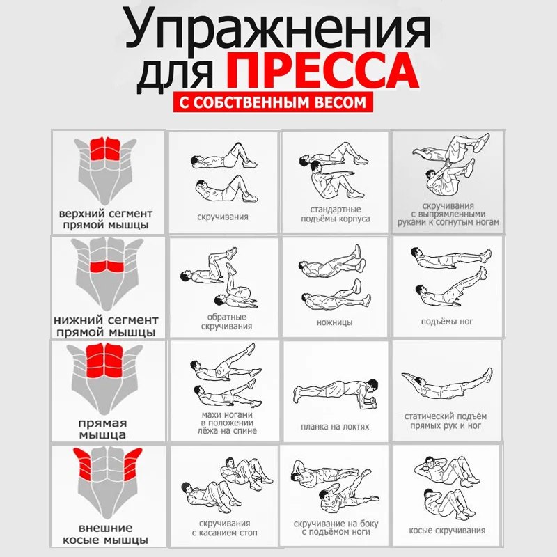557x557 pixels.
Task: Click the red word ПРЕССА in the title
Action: [x=322, y=70]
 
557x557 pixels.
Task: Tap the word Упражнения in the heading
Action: [x=278, y=31]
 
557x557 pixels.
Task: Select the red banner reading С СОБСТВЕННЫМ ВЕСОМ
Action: [x=273, y=102]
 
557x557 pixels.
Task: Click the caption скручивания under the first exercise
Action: [x=223, y=217]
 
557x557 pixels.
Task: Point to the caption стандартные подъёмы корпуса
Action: [x=336, y=214]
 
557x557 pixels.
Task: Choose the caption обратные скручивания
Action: [x=226, y=322]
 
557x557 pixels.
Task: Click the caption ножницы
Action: [x=335, y=322]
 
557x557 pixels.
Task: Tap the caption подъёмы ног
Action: [x=447, y=322]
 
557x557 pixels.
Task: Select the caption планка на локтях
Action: [x=335, y=427]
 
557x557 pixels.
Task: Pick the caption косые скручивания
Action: [x=447, y=531]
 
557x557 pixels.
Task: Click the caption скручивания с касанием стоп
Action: [x=224, y=528]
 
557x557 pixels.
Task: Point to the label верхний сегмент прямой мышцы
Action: [x=106, y=219]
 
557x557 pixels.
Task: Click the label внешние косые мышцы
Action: [x=105, y=534]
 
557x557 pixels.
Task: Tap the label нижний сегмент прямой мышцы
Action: [x=106, y=326]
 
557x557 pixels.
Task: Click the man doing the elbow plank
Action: [x=336, y=394]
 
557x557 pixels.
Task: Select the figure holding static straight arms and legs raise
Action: [x=447, y=384]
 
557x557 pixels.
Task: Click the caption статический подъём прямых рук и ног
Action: [x=446, y=421]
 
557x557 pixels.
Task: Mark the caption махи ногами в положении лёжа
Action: [x=227, y=423]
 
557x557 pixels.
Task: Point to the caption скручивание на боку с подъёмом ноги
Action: [x=336, y=528]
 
